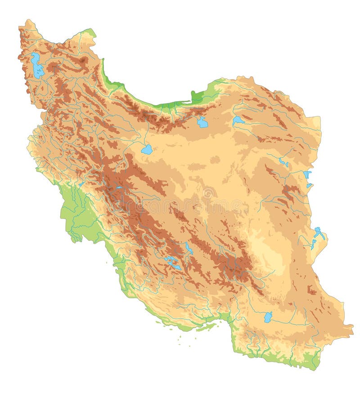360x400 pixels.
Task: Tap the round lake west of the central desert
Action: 147,150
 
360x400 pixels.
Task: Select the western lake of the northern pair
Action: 202,122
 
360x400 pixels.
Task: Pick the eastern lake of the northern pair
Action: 238,120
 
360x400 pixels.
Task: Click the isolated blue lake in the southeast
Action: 268,317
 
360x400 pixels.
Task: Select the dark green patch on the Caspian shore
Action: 197,97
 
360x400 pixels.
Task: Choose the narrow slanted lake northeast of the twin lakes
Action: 189,248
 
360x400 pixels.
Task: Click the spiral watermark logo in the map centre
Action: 208,193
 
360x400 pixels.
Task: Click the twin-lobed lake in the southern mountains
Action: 172,263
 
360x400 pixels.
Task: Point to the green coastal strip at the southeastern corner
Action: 310,360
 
